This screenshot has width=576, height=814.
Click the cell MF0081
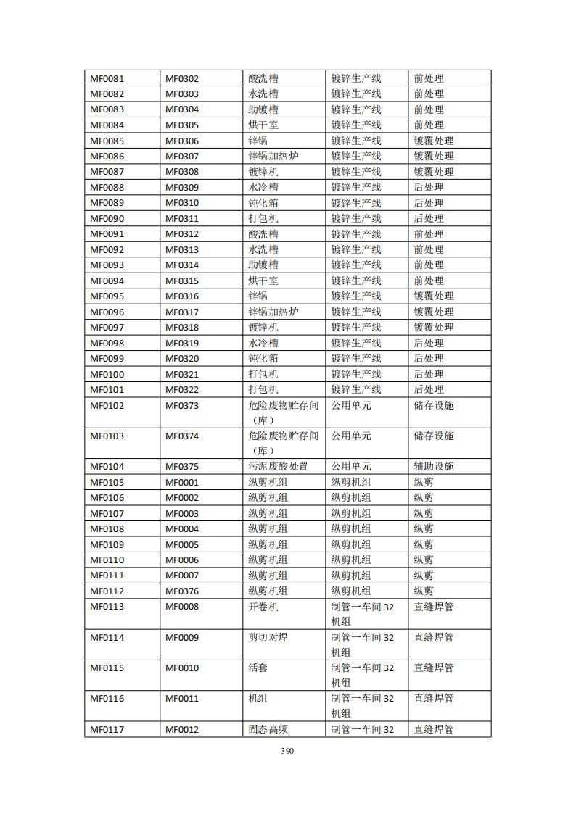click(x=107, y=78)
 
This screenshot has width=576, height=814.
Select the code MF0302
click(x=182, y=78)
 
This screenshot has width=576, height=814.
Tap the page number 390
click(x=287, y=750)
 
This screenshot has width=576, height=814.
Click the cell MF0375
click(x=182, y=467)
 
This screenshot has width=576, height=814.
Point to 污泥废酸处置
click(x=279, y=467)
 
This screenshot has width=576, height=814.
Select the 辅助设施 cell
click(x=434, y=467)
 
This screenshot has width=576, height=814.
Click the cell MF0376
click(x=182, y=591)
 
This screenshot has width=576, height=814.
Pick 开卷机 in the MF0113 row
click(x=263, y=607)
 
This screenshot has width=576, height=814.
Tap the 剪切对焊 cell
click(x=268, y=638)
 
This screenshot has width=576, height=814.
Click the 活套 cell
click(x=258, y=668)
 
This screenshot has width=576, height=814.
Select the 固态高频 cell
click(x=268, y=730)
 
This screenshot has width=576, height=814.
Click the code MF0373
click(x=182, y=406)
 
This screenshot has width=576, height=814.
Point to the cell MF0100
click(x=107, y=374)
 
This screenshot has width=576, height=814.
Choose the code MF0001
click(x=182, y=483)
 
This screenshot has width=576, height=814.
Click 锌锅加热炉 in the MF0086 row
click(x=273, y=156)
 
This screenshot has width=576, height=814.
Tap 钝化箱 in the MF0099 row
click(x=263, y=359)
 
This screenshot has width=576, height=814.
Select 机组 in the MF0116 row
click(x=258, y=699)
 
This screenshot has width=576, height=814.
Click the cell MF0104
click(x=107, y=467)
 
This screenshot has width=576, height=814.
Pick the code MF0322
click(x=182, y=390)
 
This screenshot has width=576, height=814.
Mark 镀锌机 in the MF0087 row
click(x=263, y=172)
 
